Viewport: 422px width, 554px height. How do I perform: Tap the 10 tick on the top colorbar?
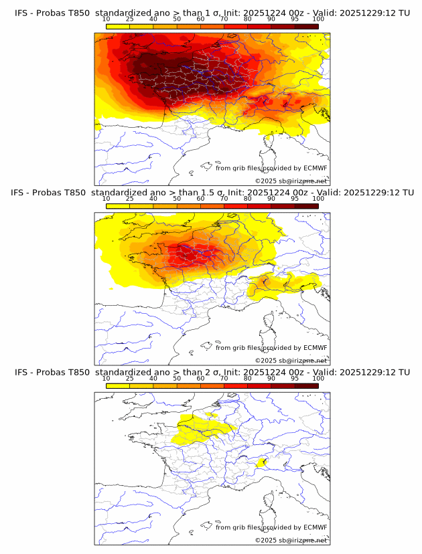point(107,19)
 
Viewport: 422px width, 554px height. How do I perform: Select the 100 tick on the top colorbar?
point(318,19)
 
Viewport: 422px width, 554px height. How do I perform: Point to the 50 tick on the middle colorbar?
point(177,199)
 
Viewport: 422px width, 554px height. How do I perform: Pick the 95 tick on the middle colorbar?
point(295,199)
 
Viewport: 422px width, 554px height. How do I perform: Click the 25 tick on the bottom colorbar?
point(130,378)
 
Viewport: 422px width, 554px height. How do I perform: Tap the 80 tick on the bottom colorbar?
point(248,378)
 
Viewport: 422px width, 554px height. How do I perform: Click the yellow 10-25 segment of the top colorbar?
point(118,26)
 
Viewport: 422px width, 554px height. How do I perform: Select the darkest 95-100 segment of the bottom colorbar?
point(306,385)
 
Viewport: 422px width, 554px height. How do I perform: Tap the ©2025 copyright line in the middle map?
point(291,360)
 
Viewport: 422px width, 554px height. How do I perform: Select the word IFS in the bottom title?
point(21,372)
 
